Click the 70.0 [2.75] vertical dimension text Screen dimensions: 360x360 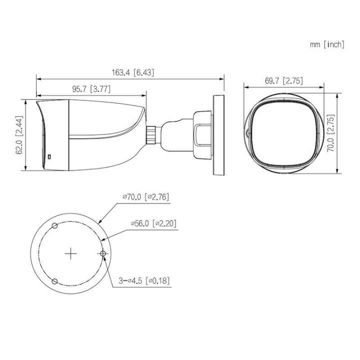pyautogui.click(x=330, y=132)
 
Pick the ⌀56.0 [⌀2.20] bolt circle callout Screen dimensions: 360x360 pyautogui.click(x=153, y=223)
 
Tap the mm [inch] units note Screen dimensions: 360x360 pyautogui.click(x=326, y=44)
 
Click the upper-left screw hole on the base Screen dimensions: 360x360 pyautogui.click(x=55, y=227)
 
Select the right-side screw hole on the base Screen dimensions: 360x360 pyautogui.click(x=103, y=254)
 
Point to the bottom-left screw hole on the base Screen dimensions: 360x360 pyautogui.click(x=55, y=281)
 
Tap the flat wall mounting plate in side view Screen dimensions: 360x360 pyautogui.click(x=218, y=133)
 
